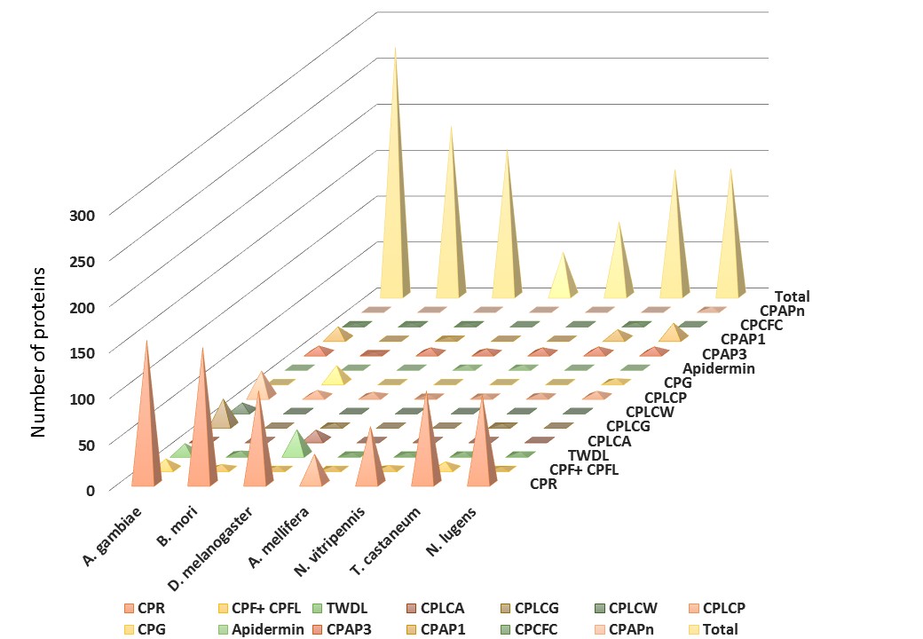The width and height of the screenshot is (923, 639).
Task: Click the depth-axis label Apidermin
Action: [719, 367]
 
